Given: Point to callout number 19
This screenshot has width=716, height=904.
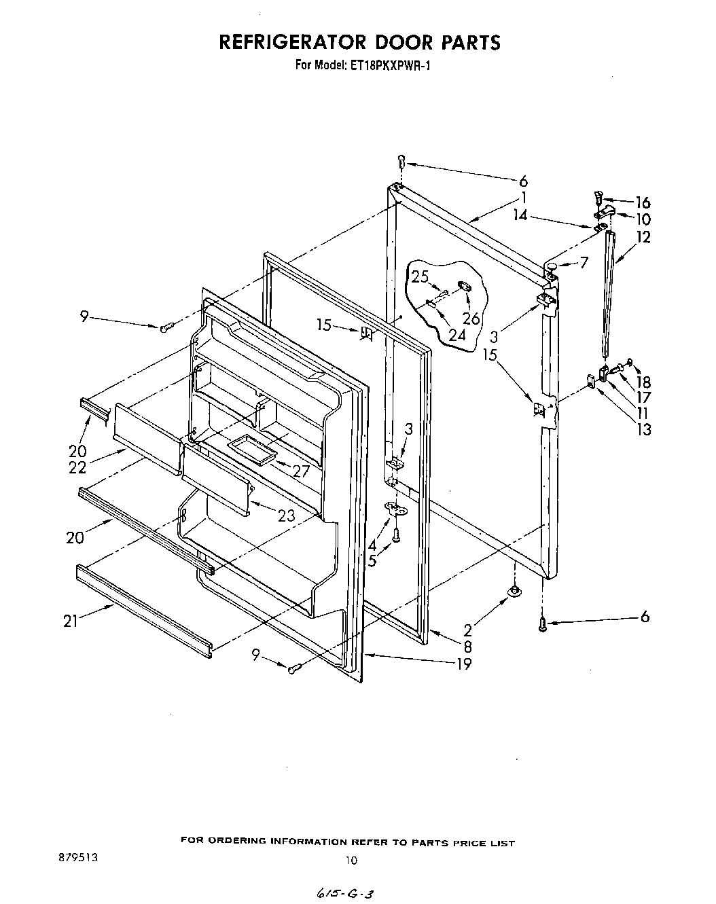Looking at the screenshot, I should [x=464, y=664].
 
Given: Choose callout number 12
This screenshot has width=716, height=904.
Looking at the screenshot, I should [x=643, y=237].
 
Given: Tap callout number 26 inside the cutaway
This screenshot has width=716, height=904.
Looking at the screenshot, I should [x=470, y=319].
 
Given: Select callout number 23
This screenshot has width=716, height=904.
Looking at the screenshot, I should [x=287, y=516].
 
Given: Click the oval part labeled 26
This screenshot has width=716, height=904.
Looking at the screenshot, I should [x=465, y=287].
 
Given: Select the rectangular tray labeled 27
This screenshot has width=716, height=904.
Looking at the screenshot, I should [x=251, y=450].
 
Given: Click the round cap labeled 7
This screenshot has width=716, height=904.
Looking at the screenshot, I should [x=554, y=264].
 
